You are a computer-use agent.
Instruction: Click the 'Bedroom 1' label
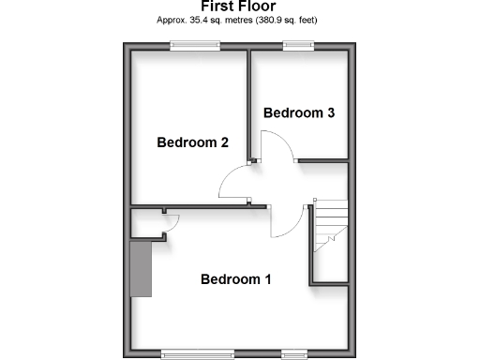236,279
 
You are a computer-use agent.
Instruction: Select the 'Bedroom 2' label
192,143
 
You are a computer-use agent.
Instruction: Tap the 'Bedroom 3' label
299,112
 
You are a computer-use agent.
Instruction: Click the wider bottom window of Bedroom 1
189,353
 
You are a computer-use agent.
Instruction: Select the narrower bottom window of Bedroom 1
294,353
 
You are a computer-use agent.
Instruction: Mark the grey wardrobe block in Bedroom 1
142,267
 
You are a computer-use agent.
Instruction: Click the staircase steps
329,225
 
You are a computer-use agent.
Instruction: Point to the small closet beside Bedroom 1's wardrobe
145,223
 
